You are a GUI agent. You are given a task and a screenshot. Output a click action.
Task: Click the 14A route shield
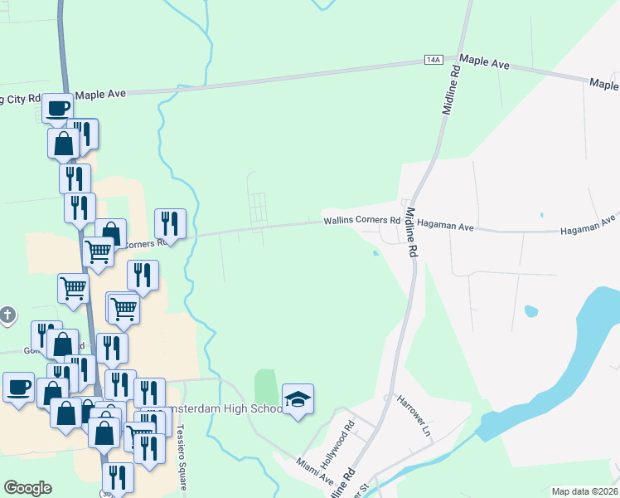click(434, 61)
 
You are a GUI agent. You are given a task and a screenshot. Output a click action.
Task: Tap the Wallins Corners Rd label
click(361, 220)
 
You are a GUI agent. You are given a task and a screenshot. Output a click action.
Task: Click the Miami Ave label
click(316, 473)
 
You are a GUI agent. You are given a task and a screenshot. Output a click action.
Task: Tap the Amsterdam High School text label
click(218, 409)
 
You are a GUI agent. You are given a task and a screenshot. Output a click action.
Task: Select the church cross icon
click(7, 315)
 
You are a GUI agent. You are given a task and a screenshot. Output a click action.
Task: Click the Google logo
click(27, 488)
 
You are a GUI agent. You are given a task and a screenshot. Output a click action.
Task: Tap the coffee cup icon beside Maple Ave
click(58, 108)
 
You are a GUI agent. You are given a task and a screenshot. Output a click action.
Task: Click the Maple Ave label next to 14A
click(484, 60)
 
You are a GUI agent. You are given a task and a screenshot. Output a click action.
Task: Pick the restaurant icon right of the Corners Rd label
click(170, 222)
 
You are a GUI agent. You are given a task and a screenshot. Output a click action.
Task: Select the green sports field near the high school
click(265, 387)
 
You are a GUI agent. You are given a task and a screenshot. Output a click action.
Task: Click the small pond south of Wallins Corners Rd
click(376, 254)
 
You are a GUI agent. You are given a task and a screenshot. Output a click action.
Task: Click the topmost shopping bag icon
click(64, 144)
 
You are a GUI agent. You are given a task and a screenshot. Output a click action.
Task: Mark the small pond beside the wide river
click(531, 312)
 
